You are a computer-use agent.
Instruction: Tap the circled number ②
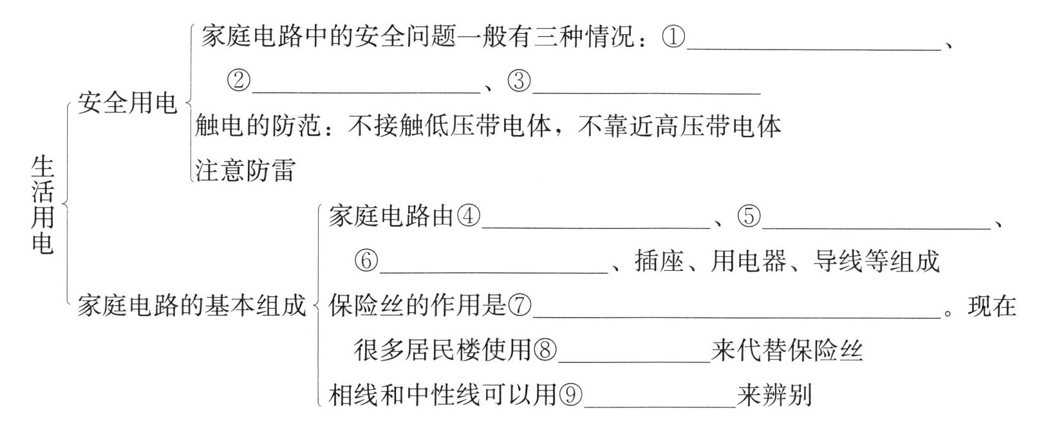(238, 81)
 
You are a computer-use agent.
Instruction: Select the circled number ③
(519, 81)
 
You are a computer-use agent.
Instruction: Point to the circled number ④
(469, 216)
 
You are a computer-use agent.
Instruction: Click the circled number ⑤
(749, 216)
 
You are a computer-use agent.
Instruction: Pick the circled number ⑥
(366, 261)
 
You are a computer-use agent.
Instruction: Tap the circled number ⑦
(520, 306)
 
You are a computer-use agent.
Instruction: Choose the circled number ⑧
(545, 350)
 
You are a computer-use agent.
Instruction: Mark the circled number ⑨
(570, 395)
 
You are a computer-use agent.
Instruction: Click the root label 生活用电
(42, 206)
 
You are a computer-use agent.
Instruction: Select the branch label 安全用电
(127, 103)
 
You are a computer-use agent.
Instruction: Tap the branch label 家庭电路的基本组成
(191, 306)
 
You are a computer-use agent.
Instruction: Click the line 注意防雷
(245, 171)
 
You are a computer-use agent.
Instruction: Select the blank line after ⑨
(659, 404)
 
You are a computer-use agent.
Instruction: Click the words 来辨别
(775, 395)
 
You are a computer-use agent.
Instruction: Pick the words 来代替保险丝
(787, 350)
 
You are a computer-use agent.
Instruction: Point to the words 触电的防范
(257, 127)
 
